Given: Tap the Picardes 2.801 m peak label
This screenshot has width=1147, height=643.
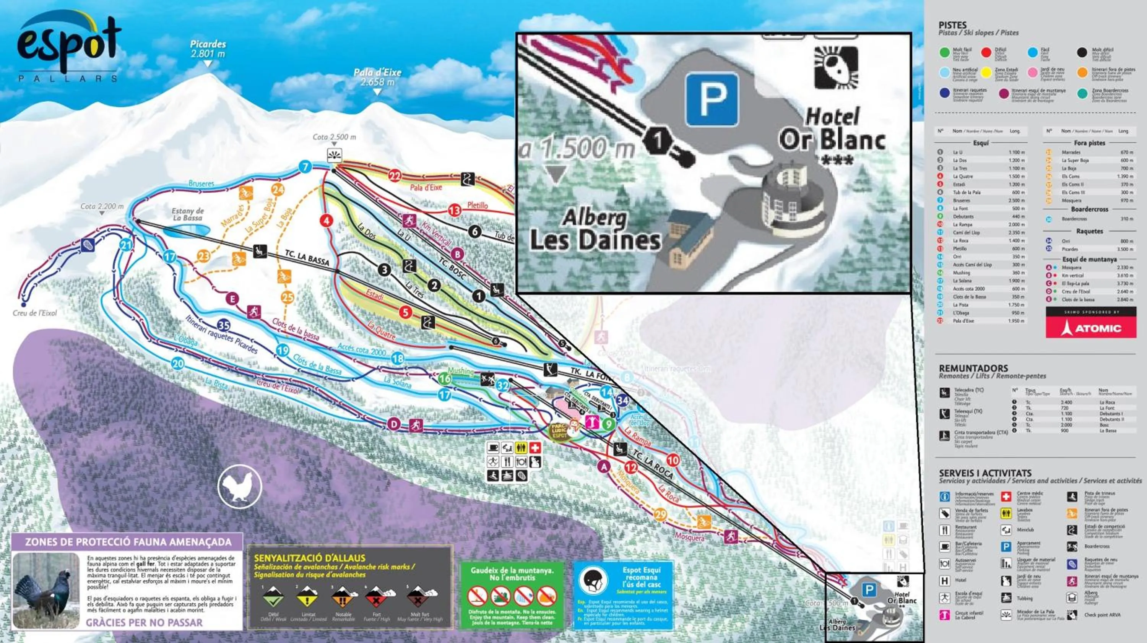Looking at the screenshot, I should [x=208, y=49].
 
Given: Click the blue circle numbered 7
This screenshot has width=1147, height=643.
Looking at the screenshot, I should [x=305, y=167].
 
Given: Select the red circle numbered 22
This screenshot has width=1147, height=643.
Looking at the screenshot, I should [x=395, y=176].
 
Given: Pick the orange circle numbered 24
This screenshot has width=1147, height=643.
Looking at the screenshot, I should [x=278, y=190].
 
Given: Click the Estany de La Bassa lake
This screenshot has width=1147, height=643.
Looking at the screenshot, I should [x=187, y=230].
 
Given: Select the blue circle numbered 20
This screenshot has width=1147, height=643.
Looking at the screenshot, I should [x=178, y=364].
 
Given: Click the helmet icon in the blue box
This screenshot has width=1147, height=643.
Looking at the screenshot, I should [x=593, y=581].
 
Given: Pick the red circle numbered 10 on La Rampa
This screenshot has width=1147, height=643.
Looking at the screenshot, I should [x=673, y=460].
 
